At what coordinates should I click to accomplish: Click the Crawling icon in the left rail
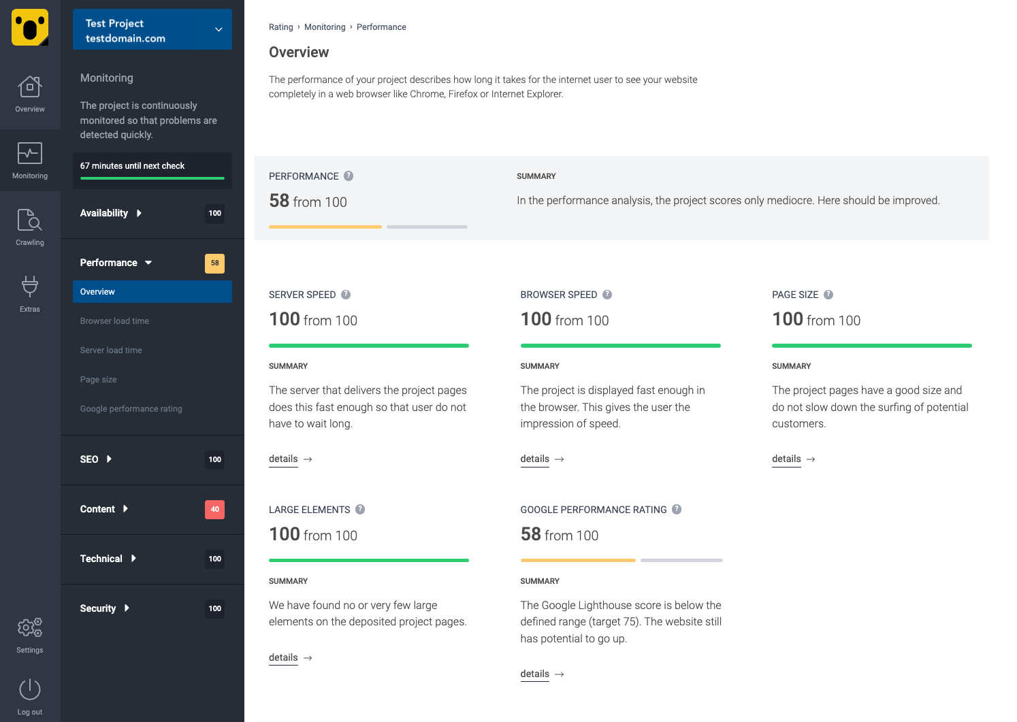pyautogui.click(x=30, y=220)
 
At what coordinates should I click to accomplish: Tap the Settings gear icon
pyautogui.click(x=30, y=627)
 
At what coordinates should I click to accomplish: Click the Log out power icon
pyautogui.click(x=30, y=689)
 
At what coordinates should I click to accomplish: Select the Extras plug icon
pyautogui.click(x=30, y=286)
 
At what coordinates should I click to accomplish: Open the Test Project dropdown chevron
pyautogui.click(x=219, y=29)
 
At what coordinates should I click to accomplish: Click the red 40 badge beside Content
pyautogui.click(x=214, y=509)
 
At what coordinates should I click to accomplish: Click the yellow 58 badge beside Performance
pyautogui.click(x=214, y=263)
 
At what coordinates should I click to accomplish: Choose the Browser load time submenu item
pyautogui.click(x=114, y=321)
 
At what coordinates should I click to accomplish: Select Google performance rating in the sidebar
pyautogui.click(x=131, y=409)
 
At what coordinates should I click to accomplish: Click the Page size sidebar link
pyautogui.click(x=99, y=380)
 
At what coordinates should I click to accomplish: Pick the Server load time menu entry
pyautogui.click(x=111, y=350)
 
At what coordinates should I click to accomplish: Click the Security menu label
pyautogui.click(x=98, y=608)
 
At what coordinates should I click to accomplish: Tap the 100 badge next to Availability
pyautogui.click(x=214, y=214)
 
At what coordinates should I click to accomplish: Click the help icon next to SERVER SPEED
pyautogui.click(x=346, y=295)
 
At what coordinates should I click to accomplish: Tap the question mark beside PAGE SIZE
pyautogui.click(x=828, y=295)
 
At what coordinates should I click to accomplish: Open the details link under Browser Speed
pyautogui.click(x=535, y=459)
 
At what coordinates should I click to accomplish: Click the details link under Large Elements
pyautogui.click(x=283, y=658)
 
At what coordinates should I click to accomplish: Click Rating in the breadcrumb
pyautogui.click(x=280, y=27)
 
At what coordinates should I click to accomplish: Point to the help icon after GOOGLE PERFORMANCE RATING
pyautogui.click(x=677, y=510)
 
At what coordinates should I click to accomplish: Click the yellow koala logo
pyautogui.click(x=30, y=27)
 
